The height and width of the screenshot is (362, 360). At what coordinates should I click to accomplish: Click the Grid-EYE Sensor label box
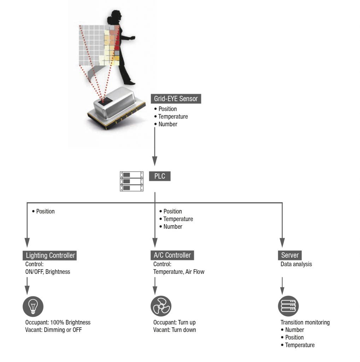176,99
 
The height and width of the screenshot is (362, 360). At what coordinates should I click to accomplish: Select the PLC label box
160,176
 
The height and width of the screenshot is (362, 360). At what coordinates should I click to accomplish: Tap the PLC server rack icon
132,181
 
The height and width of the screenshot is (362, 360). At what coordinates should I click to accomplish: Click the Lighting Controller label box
50,255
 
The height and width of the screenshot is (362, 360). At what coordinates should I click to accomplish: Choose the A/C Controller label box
172,255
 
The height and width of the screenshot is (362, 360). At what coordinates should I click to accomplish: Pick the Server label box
290,255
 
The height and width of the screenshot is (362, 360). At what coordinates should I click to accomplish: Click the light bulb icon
33,306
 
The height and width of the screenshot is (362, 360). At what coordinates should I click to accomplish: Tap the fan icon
161,306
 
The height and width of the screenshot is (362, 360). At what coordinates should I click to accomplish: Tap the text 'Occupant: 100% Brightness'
58,322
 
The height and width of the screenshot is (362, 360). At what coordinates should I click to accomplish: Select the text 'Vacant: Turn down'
175,330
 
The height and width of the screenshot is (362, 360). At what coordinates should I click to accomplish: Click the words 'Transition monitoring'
305,322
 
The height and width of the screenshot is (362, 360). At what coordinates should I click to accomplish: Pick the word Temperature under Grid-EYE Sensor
173,117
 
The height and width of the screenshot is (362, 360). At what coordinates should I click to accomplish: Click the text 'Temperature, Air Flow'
179,272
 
